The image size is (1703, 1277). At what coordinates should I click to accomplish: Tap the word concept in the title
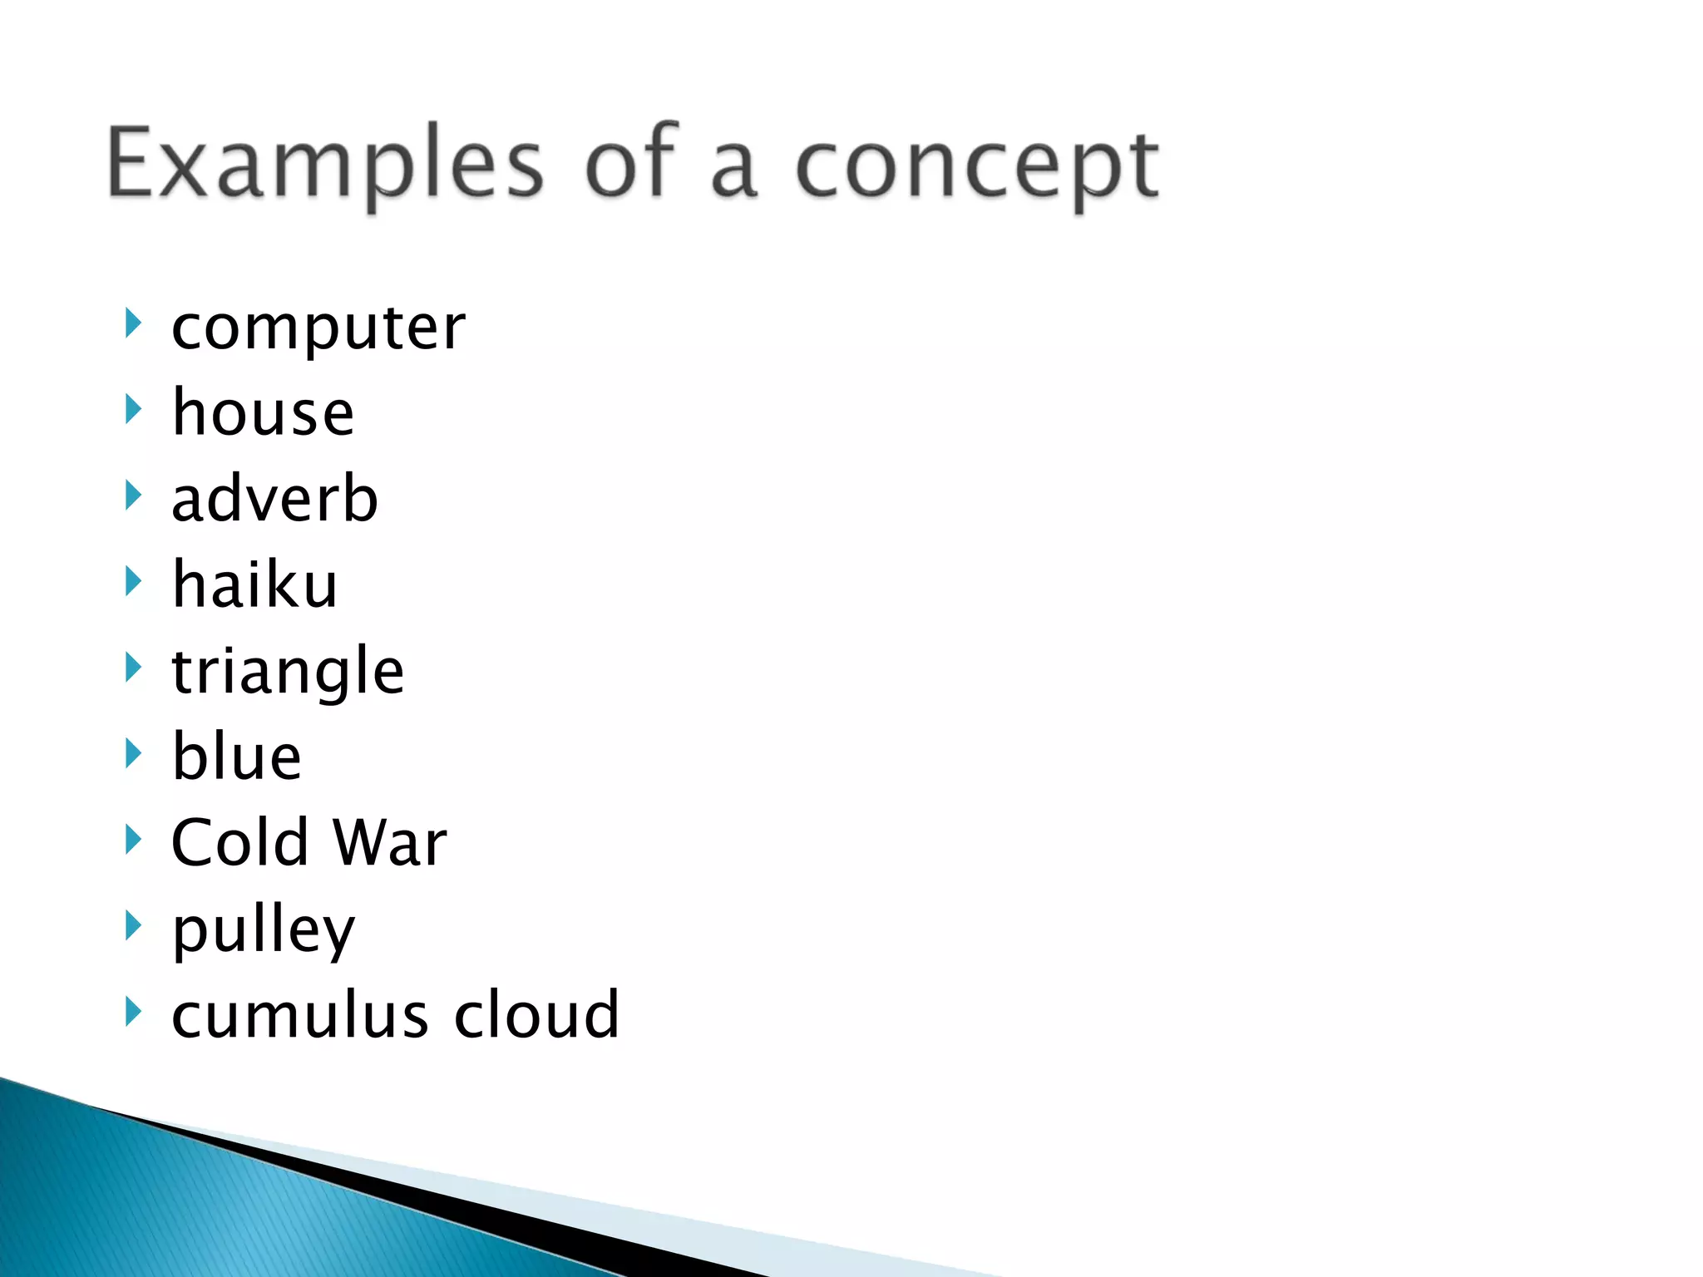point(976,166)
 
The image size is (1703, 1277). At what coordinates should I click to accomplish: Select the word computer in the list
point(318,328)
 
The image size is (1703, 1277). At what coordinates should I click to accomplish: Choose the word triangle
point(288,671)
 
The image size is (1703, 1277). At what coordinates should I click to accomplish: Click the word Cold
point(239,842)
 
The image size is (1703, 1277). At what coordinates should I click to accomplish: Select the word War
point(389,842)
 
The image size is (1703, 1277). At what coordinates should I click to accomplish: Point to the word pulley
point(263,929)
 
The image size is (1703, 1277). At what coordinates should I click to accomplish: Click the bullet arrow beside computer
point(132,323)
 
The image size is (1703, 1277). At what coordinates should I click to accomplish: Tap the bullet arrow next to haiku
point(132,580)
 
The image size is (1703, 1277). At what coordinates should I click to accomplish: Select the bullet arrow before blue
point(132,752)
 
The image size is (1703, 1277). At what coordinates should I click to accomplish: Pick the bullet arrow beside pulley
point(132,924)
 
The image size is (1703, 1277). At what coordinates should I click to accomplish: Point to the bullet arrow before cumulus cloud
point(132,1011)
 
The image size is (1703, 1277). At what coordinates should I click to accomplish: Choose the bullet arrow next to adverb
point(132,495)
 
